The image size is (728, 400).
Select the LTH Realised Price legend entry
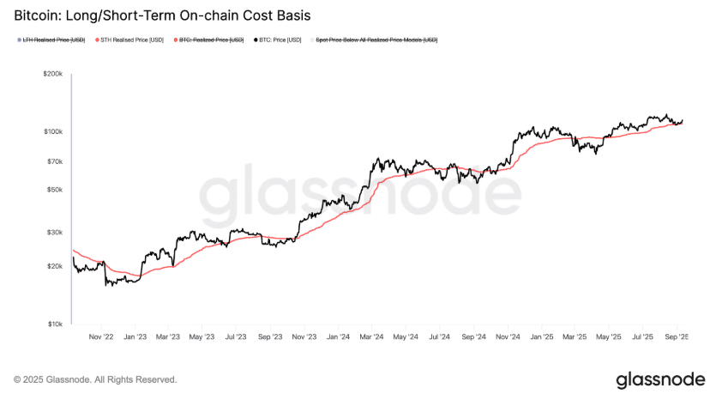[x=53, y=40]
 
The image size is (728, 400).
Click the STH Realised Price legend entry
[x=132, y=40]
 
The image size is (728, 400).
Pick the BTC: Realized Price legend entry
[x=212, y=40]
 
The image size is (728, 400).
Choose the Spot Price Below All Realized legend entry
[x=377, y=40]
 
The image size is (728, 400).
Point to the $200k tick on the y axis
[x=52, y=75]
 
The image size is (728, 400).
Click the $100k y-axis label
[x=52, y=131]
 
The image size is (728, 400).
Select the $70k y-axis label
[x=54, y=161]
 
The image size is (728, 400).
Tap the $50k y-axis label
[x=54, y=189]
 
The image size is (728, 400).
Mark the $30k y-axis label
[x=54, y=232]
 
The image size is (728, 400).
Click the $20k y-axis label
[x=54, y=267]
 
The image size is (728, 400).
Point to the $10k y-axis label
[x=54, y=324]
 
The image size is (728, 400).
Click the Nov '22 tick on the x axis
[x=101, y=337]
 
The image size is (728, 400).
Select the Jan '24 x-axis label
[x=339, y=337]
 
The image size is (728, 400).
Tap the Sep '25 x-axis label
[x=676, y=337]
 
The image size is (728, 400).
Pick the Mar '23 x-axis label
[x=167, y=337]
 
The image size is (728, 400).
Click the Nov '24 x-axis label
[x=508, y=337]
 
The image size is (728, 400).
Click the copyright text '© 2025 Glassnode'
[x=96, y=379]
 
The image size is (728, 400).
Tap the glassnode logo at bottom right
[x=660, y=379]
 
